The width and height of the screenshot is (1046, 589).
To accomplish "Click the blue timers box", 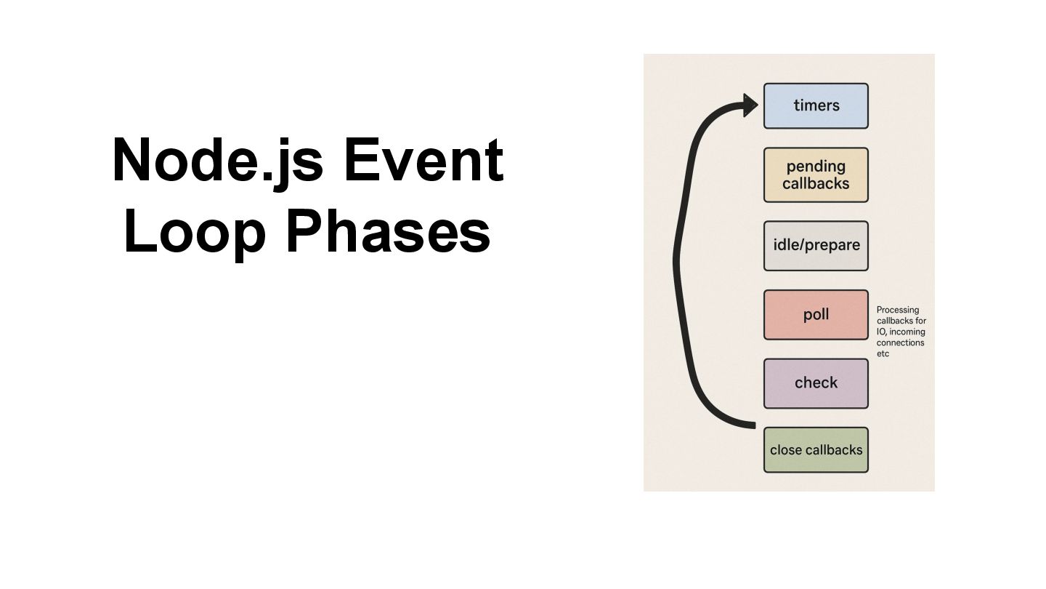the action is [816, 106].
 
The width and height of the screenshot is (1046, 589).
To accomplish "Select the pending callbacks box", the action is [816, 175].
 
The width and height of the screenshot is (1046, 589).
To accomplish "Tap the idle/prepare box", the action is [816, 246].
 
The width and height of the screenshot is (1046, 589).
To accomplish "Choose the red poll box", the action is [816, 315].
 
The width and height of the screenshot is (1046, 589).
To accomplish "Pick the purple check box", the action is [816, 383].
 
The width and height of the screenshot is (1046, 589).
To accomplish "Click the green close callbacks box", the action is [816, 450].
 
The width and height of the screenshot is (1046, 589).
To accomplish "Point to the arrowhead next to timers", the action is [750, 105].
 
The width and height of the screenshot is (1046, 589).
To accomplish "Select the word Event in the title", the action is [423, 161].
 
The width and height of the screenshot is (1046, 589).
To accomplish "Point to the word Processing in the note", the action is [898, 310].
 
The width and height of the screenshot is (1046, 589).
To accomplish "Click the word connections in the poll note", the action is [901, 342].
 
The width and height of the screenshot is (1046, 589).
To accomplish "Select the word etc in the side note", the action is [883, 353].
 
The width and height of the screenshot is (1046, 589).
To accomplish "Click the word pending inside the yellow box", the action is [816, 167].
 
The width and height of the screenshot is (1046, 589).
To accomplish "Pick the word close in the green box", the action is [785, 450].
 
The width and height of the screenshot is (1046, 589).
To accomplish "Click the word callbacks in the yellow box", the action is [816, 184].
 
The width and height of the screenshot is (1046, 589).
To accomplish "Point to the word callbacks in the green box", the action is [833, 450].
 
